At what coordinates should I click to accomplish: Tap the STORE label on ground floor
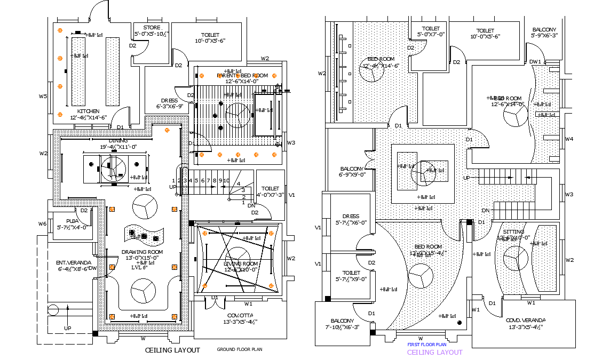(152, 27)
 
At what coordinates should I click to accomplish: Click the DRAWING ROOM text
(142, 252)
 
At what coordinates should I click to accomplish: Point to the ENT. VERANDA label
(74, 262)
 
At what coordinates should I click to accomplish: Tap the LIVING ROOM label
(240, 263)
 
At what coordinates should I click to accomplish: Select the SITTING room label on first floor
(513, 232)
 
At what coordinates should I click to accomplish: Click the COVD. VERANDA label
(526, 320)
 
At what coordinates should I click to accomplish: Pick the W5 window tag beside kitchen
(43, 97)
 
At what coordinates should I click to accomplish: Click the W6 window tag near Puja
(42, 223)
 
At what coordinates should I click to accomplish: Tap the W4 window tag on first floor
(569, 139)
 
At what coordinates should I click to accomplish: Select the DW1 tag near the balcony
(535, 62)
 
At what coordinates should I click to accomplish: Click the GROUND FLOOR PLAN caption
(239, 349)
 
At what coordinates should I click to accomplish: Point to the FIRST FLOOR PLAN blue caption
(427, 345)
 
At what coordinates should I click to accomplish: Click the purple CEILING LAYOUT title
(434, 352)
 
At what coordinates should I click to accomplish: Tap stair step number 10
(226, 181)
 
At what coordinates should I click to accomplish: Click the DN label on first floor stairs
(486, 210)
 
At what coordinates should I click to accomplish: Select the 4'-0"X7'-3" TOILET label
(271, 188)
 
